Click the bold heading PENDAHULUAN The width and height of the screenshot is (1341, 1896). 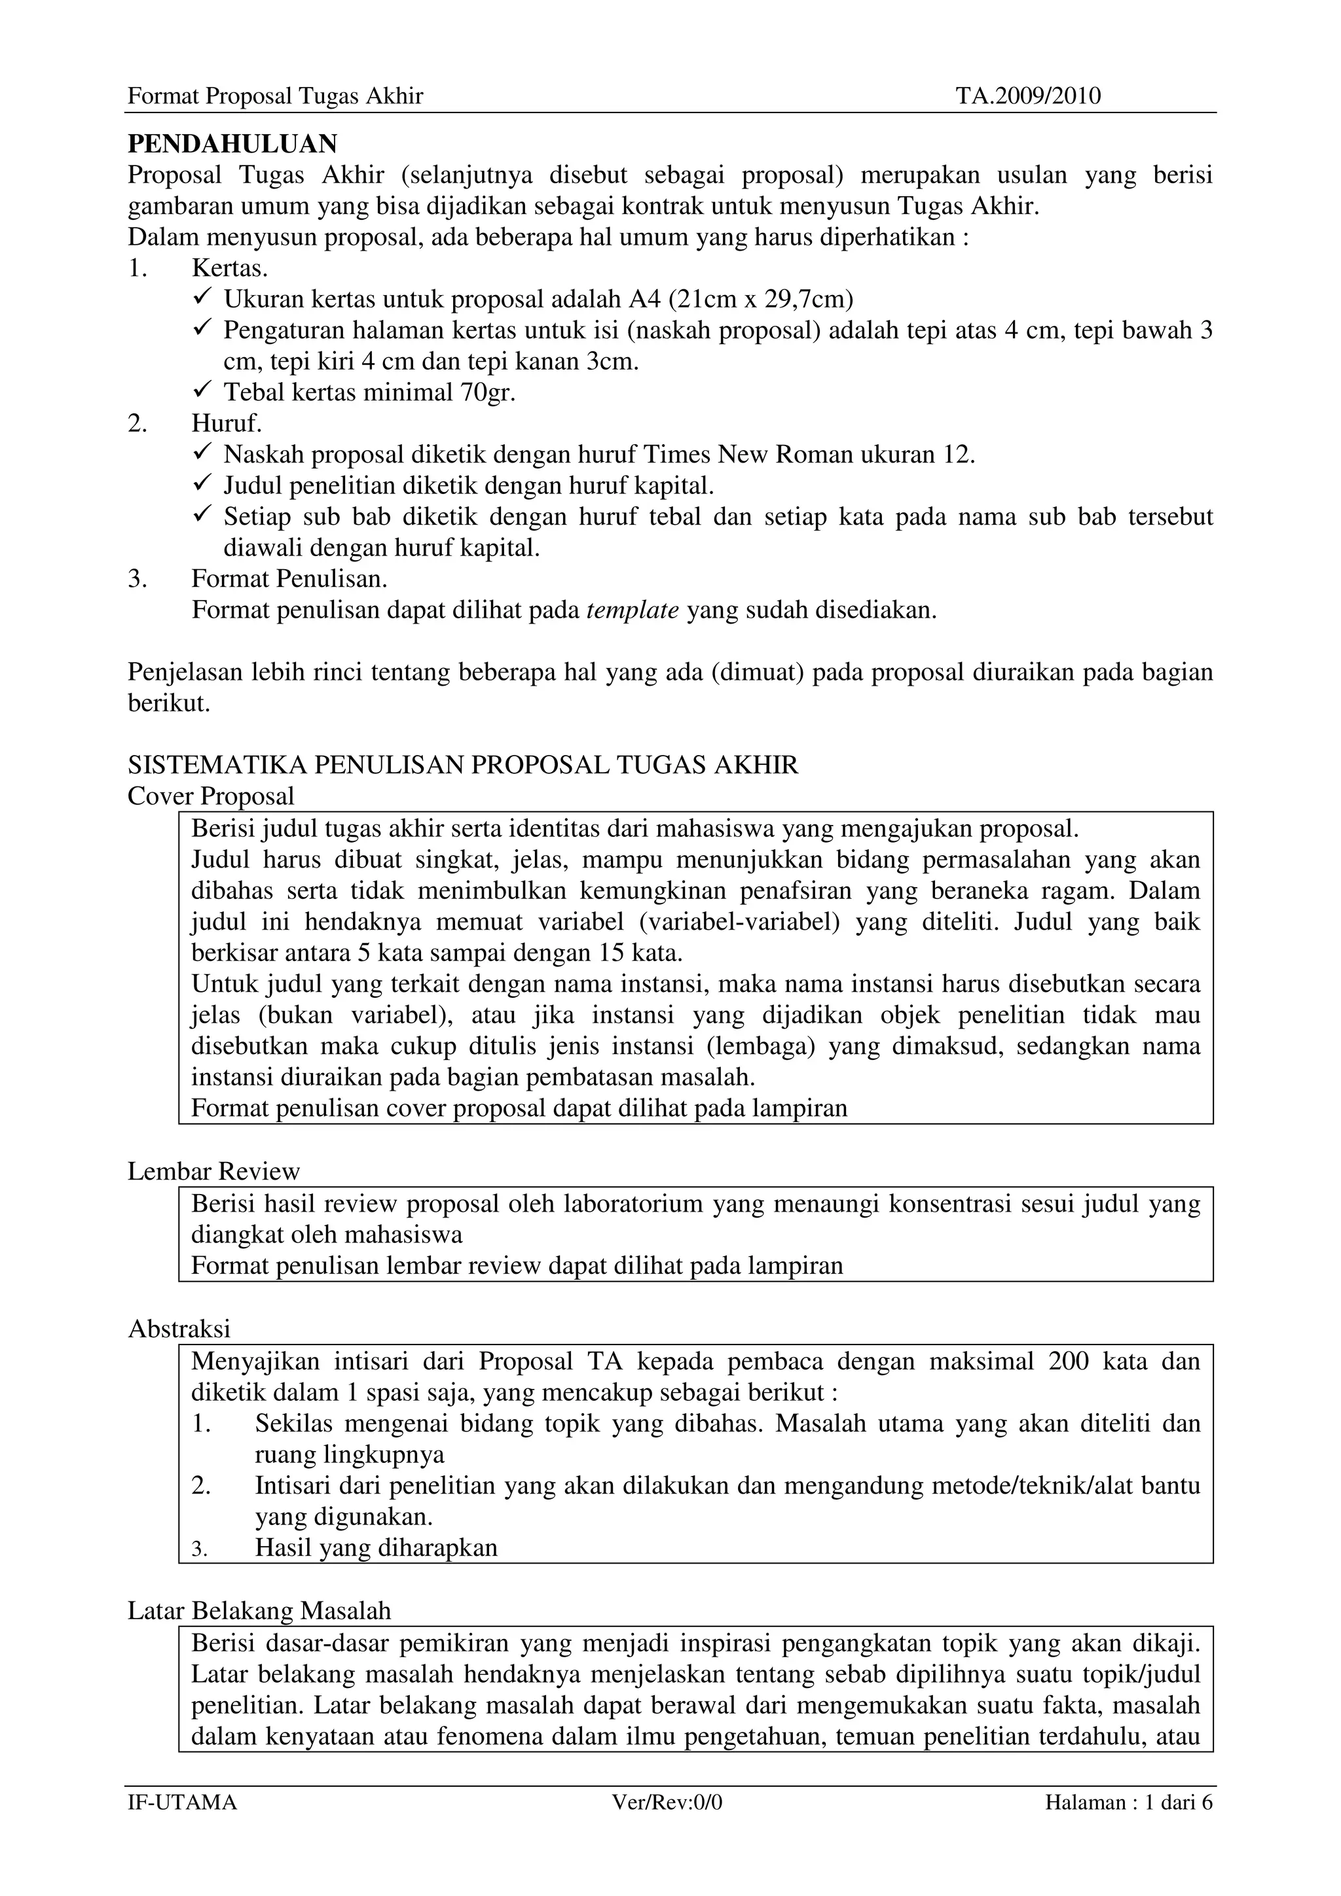pyautogui.click(x=232, y=145)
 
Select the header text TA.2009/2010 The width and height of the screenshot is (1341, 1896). pyautogui.click(x=1028, y=97)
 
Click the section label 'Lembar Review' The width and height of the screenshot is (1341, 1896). pyautogui.click(x=213, y=1171)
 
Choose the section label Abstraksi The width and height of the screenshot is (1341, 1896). pyautogui.click(x=179, y=1329)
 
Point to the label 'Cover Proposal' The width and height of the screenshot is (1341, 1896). pyautogui.click(x=211, y=796)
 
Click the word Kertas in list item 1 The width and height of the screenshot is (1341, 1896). pyautogui.click(x=229, y=268)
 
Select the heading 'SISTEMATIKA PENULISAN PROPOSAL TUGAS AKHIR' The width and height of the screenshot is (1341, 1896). pyautogui.click(x=463, y=765)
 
